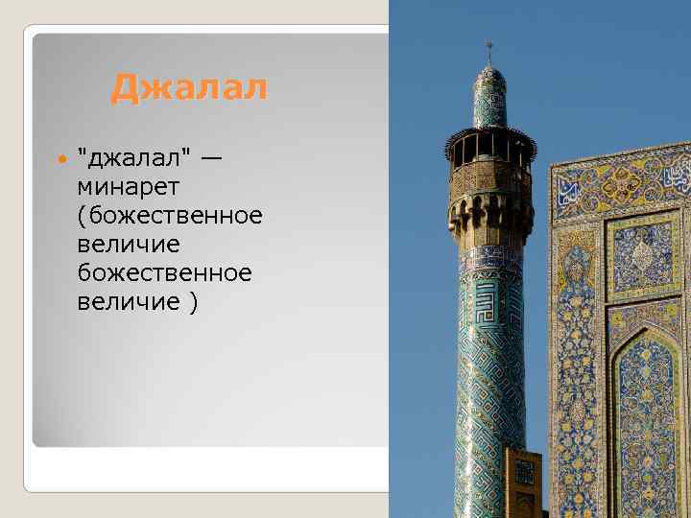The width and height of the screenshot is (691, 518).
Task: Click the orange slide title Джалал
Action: pyautogui.click(x=189, y=88)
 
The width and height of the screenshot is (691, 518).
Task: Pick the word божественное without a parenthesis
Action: pyautogui.click(x=164, y=273)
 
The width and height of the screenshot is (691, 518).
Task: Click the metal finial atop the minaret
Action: pyautogui.click(x=489, y=52)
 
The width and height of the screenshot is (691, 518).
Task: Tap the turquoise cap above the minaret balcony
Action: pyautogui.click(x=489, y=96)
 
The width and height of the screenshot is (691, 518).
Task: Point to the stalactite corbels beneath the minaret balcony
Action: pyautogui.click(x=490, y=216)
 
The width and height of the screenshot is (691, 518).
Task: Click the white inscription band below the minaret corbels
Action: pyautogui.click(x=490, y=257)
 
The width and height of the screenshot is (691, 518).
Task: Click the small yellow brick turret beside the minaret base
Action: pyautogui.click(x=523, y=480)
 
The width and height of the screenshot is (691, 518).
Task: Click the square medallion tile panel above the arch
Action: pyautogui.click(x=644, y=255)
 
